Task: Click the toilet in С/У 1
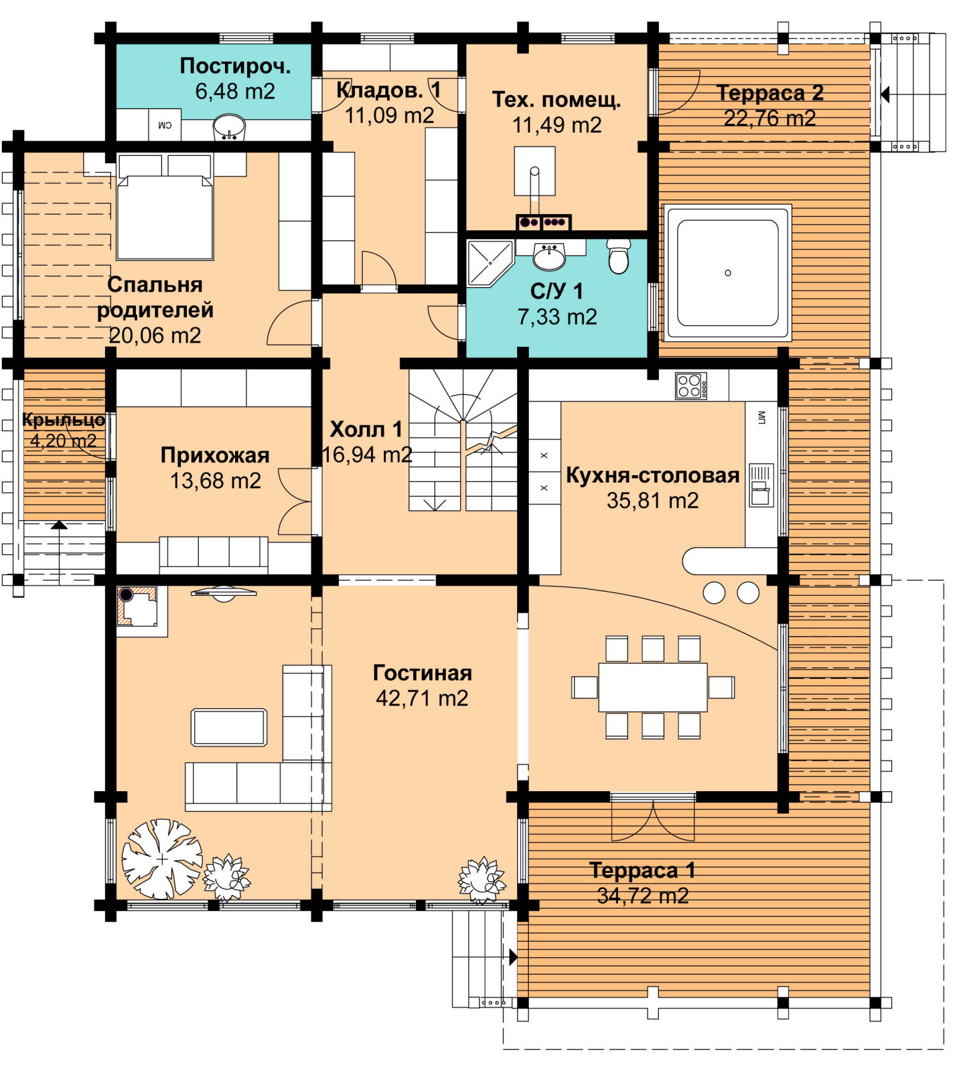[619, 256]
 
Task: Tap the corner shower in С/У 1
[489, 263]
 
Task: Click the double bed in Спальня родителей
[165, 207]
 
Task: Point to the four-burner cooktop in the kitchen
[691, 386]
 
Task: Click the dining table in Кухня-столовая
[653, 687]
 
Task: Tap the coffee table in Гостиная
[229, 727]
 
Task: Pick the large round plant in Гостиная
[162, 858]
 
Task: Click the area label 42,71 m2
[422, 698]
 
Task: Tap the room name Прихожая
[215, 455]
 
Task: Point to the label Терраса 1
[642, 870]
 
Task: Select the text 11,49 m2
[557, 125]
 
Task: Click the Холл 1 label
[366, 429]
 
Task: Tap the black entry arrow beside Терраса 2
[885, 94]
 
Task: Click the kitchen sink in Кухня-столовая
[761, 485]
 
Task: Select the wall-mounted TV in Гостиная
[224, 592]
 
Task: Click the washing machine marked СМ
[165, 125]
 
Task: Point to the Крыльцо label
[64, 420]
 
